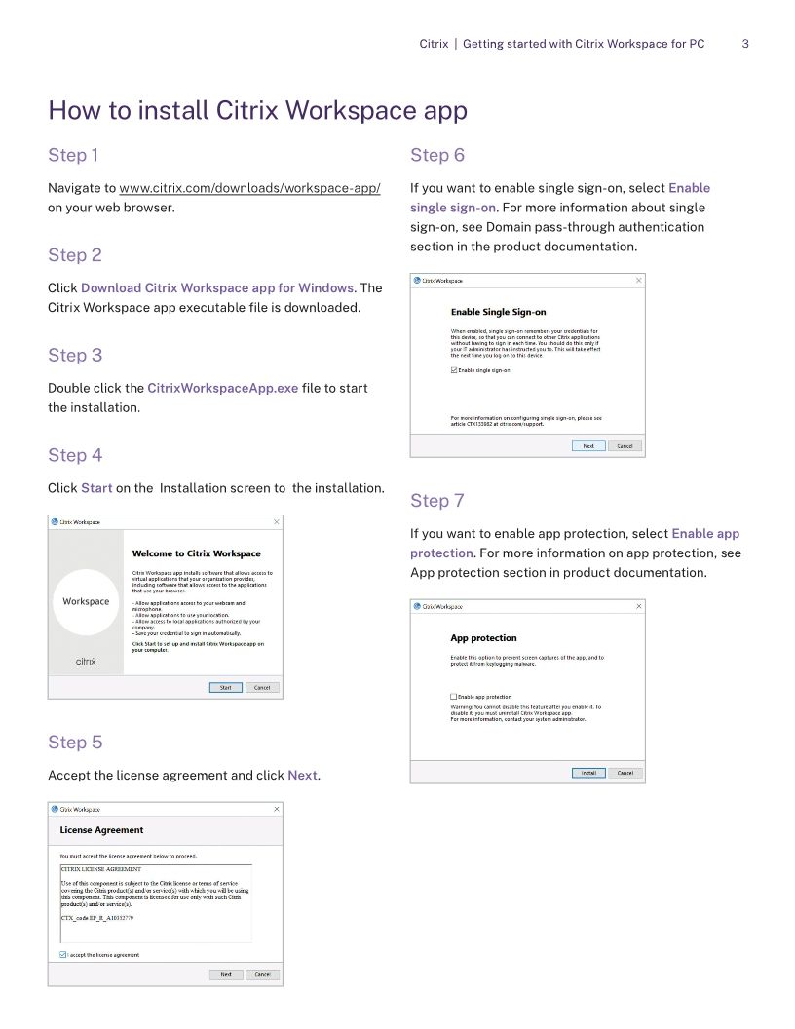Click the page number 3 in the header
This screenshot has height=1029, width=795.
[x=745, y=44]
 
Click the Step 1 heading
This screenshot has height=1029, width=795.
[x=73, y=155]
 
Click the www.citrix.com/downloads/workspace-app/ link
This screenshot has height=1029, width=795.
[x=249, y=188]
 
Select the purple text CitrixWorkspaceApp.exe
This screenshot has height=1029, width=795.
[x=222, y=388]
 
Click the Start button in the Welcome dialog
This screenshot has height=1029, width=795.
[x=225, y=687]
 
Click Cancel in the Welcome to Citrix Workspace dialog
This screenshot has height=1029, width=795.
[x=262, y=687]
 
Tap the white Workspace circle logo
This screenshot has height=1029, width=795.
[x=86, y=602]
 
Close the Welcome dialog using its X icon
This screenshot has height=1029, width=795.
[x=276, y=522]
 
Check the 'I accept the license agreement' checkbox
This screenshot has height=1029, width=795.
[x=63, y=955]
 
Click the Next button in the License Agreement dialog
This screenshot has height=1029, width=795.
[x=225, y=974]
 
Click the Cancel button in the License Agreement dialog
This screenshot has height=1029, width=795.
[x=262, y=974]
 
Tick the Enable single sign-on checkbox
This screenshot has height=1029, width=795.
[x=454, y=370]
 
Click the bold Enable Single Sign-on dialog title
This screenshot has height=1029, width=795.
[x=498, y=313]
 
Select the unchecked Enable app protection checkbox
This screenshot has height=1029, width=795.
[x=454, y=697]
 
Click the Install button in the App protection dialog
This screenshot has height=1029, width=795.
[x=587, y=773]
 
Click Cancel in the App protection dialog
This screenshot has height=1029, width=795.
[x=625, y=773]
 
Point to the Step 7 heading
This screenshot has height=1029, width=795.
[x=436, y=501]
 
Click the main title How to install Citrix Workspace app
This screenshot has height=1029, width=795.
[x=257, y=110]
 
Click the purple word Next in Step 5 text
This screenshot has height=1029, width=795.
[x=302, y=776]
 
